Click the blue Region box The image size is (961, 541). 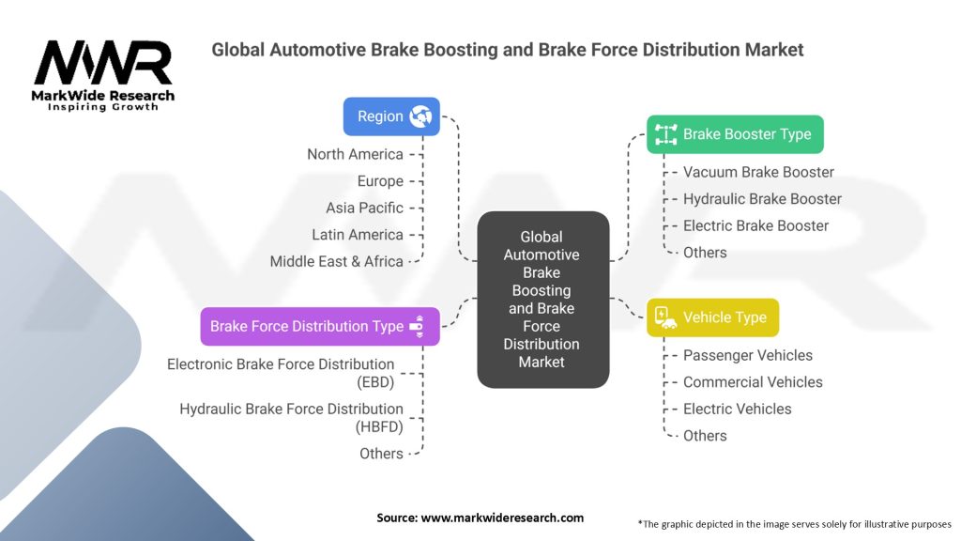click(x=390, y=116)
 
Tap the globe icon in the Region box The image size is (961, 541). click(x=419, y=116)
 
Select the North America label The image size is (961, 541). click(x=355, y=154)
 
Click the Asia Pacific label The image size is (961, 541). click(x=364, y=208)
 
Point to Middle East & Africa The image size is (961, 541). click(x=336, y=261)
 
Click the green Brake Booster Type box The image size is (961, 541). click(x=735, y=134)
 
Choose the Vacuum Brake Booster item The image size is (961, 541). click(x=758, y=172)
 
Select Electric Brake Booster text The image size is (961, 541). click(x=755, y=225)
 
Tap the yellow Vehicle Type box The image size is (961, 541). click(x=712, y=317)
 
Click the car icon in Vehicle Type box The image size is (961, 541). click(x=665, y=317)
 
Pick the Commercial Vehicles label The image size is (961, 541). click(x=753, y=382)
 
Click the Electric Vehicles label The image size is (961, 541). click(x=737, y=409)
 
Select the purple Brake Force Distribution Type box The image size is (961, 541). click(x=319, y=326)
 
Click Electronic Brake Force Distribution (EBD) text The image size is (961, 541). click(x=281, y=372)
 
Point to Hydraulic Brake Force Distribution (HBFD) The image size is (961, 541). click(x=291, y=417)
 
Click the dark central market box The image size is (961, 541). click(x=542, y=299)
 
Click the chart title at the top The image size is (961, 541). click(x=507, y=49)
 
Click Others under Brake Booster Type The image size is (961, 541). click(x=705, y=252)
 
